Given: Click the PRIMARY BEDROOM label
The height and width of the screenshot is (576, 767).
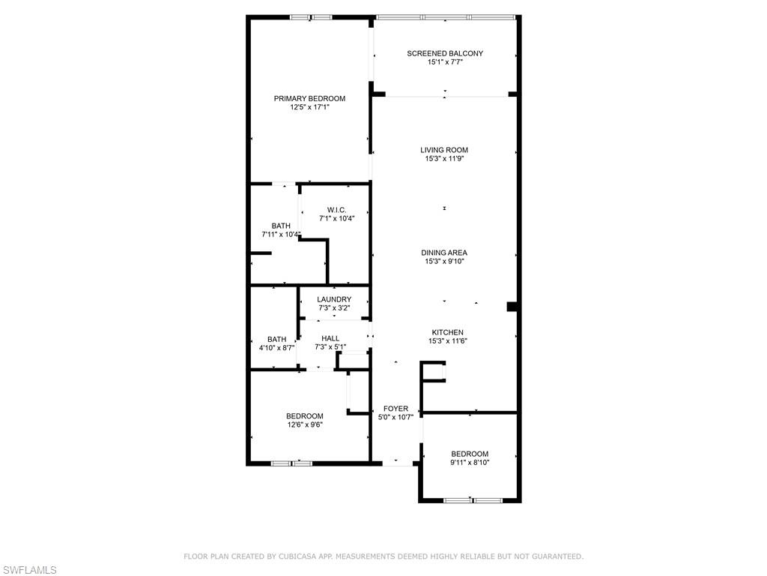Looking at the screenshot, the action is [309, 98].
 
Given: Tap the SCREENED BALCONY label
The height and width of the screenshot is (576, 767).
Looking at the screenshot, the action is [445, 53].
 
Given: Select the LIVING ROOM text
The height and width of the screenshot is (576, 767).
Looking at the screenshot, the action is [444, 150].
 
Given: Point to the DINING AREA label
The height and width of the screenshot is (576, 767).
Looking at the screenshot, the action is [444, 253].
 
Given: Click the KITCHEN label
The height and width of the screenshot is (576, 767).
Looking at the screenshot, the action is [448, 332].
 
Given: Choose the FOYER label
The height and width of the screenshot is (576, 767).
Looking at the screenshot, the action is [395, 409].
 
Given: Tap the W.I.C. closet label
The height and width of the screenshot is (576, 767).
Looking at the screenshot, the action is [336, 210].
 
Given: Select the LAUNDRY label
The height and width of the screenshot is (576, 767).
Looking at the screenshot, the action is [334, 299].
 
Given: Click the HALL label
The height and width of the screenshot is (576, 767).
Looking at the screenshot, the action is [330, 338].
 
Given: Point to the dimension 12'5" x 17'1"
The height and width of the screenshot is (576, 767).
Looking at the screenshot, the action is [309, 106].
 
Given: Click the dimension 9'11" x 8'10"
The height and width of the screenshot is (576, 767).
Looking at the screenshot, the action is [470, 462].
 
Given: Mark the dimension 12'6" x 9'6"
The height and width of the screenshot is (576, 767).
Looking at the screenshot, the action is [305, 424].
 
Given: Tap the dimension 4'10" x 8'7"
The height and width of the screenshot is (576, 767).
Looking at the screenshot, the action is [277, 348].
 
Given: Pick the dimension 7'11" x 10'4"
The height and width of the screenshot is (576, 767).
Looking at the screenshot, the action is [281, 234].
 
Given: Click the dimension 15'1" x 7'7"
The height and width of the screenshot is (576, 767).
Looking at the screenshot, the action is [445, 62].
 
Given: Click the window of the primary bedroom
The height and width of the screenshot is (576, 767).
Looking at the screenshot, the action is [311, 18].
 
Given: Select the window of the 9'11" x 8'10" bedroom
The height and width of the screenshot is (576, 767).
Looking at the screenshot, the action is [473, 500].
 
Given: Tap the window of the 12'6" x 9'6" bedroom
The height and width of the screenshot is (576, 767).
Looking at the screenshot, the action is [292, 463].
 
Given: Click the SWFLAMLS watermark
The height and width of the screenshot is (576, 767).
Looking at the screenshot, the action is [28, 570].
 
